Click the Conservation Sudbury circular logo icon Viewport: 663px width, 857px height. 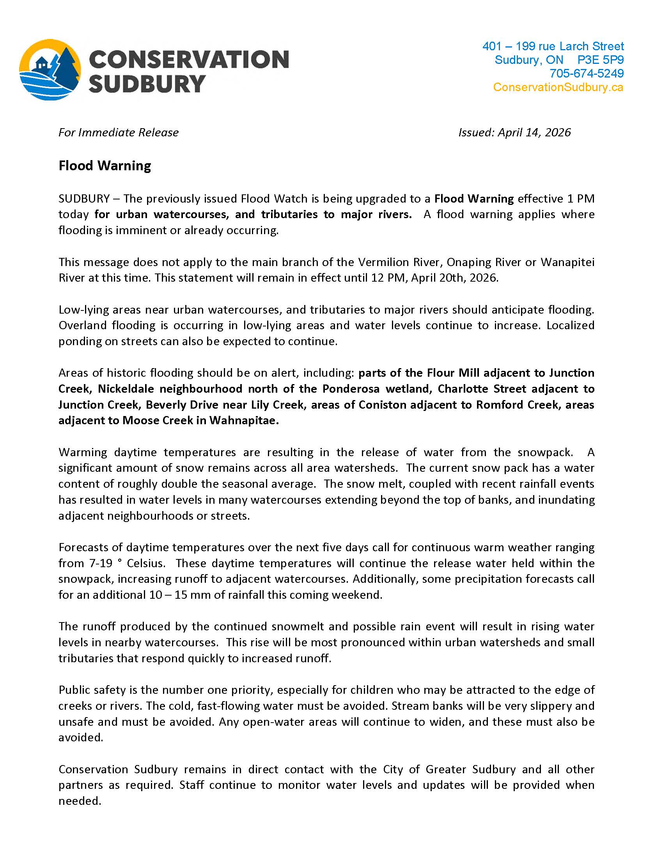pyautogui.click(x=50, y=70)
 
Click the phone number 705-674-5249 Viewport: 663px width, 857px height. pyautogui.click(x=587, y=73)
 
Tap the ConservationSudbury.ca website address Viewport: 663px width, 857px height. pyautogui.click(x=558, y=87)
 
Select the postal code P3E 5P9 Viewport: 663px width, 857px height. pyautogui.click(x=601, y=60)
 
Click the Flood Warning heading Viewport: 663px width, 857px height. pyautogui.click(x=105, y=166)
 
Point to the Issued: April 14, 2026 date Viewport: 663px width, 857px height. pyautogui.click(x=514, y=132)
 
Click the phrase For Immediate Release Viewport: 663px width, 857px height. pyautogui.click(x=118, y=132)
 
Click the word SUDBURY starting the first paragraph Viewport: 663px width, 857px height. pyautogui.click(x=84, y=199)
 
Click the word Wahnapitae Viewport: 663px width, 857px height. pyautogui.click(x=243, y=420)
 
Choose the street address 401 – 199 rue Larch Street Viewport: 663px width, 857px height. pyautogui.click(x=553, y=46)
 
